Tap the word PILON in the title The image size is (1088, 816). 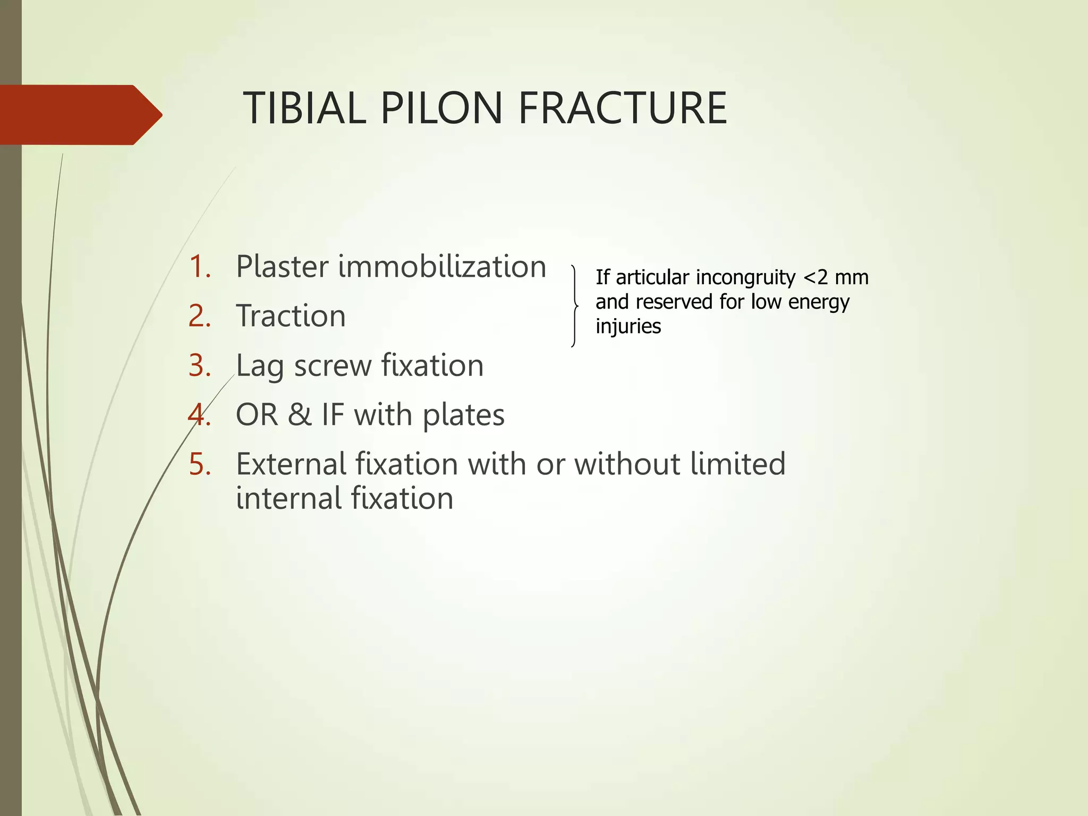click(x=441, y=108)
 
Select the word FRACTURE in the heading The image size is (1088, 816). click(x=622, y=108)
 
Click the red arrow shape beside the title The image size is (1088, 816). click(x=80, y=115)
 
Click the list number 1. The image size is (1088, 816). click(x=200, y=267)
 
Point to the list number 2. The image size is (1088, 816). click(x=200, y=316)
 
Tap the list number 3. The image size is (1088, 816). click(x=200, y=365)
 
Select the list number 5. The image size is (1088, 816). click(x=200, y=464)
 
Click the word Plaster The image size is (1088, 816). click(x=282, y=267)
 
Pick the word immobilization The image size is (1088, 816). click(x=442, y=267)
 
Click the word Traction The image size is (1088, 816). click(x=291, y=316)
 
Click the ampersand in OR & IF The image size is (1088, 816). click(x=300, y=415)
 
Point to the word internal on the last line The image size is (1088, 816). click(x=287, y=499)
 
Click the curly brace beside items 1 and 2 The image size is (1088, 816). click(x=574, y=306)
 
